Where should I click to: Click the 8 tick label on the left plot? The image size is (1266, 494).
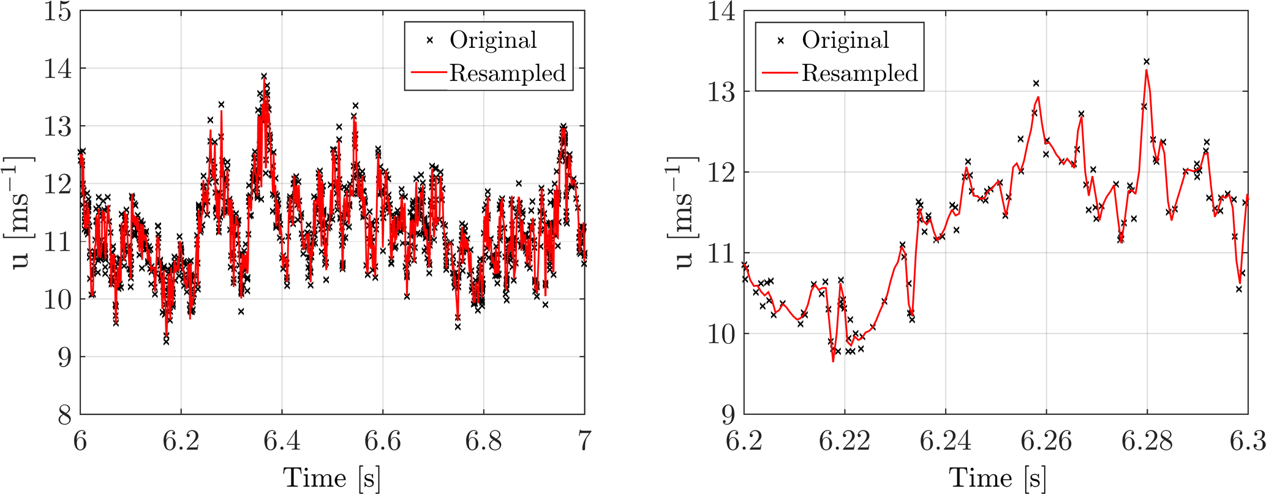point(65,416)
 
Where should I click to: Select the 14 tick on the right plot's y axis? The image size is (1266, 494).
point(721,12)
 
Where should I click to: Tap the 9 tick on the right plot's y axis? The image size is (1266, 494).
point(728,416)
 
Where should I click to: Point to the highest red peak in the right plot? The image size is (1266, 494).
point(1147,70)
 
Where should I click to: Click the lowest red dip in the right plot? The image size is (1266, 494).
point(833,362)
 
